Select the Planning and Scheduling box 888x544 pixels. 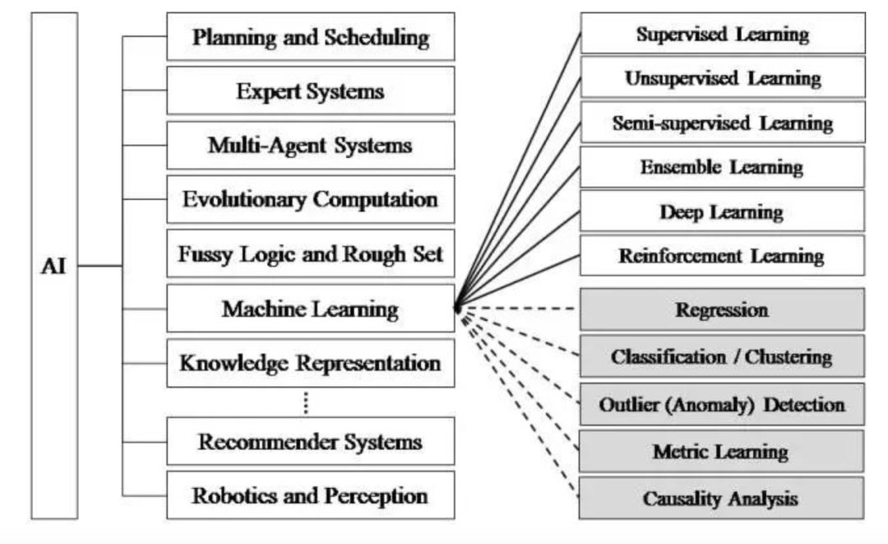pos(310,36)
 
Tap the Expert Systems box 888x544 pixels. pos(310,91)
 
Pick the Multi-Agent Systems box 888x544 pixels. pos(310,146)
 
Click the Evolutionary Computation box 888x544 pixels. pos(310,199)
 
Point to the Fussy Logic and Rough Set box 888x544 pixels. pos(310,253)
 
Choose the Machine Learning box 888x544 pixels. pos(310,309)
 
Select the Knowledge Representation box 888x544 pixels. pos(310,363)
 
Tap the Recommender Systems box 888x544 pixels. pos(310,441)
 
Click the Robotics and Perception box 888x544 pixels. pos(310,495)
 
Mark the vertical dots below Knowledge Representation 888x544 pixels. pos(305,402)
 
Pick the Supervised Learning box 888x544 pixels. pos(723,34)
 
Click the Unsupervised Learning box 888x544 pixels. pos(723,78)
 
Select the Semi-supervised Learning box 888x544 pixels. pos(723,123)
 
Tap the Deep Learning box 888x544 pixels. pos(723,212)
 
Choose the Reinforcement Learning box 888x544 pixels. pos(723,255)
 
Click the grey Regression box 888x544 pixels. pos(723,309)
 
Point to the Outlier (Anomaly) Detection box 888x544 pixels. pos(723,404)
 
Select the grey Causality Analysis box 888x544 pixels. pos(723,498)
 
